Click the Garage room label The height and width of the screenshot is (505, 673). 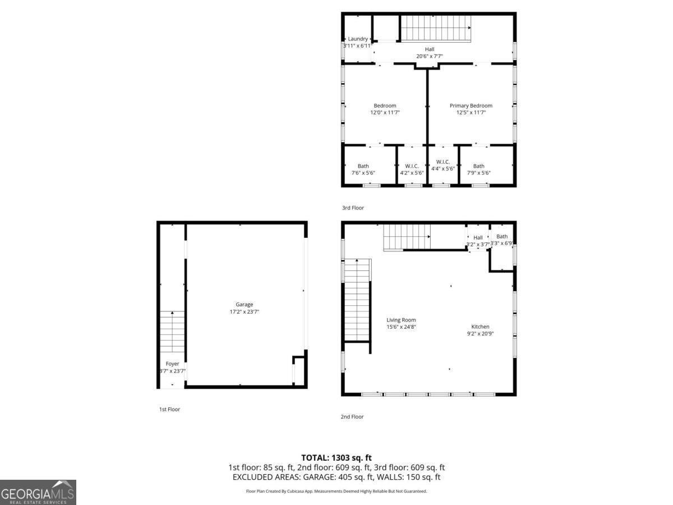(244, 305)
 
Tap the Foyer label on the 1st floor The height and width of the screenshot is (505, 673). (172, 364)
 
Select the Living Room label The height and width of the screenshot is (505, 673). (401, 320)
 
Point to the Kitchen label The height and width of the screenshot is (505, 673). (480, 327)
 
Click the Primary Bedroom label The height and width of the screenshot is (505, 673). (471, 105)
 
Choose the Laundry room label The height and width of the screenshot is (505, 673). (358, 39)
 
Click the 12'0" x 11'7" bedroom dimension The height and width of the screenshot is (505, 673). (385, 113)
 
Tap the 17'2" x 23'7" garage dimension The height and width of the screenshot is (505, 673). (244, 312)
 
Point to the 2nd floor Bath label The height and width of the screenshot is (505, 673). (501, 236)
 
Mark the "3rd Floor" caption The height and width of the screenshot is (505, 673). (353, 208)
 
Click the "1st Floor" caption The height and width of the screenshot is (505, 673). (169, 410)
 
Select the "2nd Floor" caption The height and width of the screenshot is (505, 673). (353, 417)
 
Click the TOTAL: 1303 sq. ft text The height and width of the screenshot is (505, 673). (336, 458)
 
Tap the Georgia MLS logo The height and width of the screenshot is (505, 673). (38, 492)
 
